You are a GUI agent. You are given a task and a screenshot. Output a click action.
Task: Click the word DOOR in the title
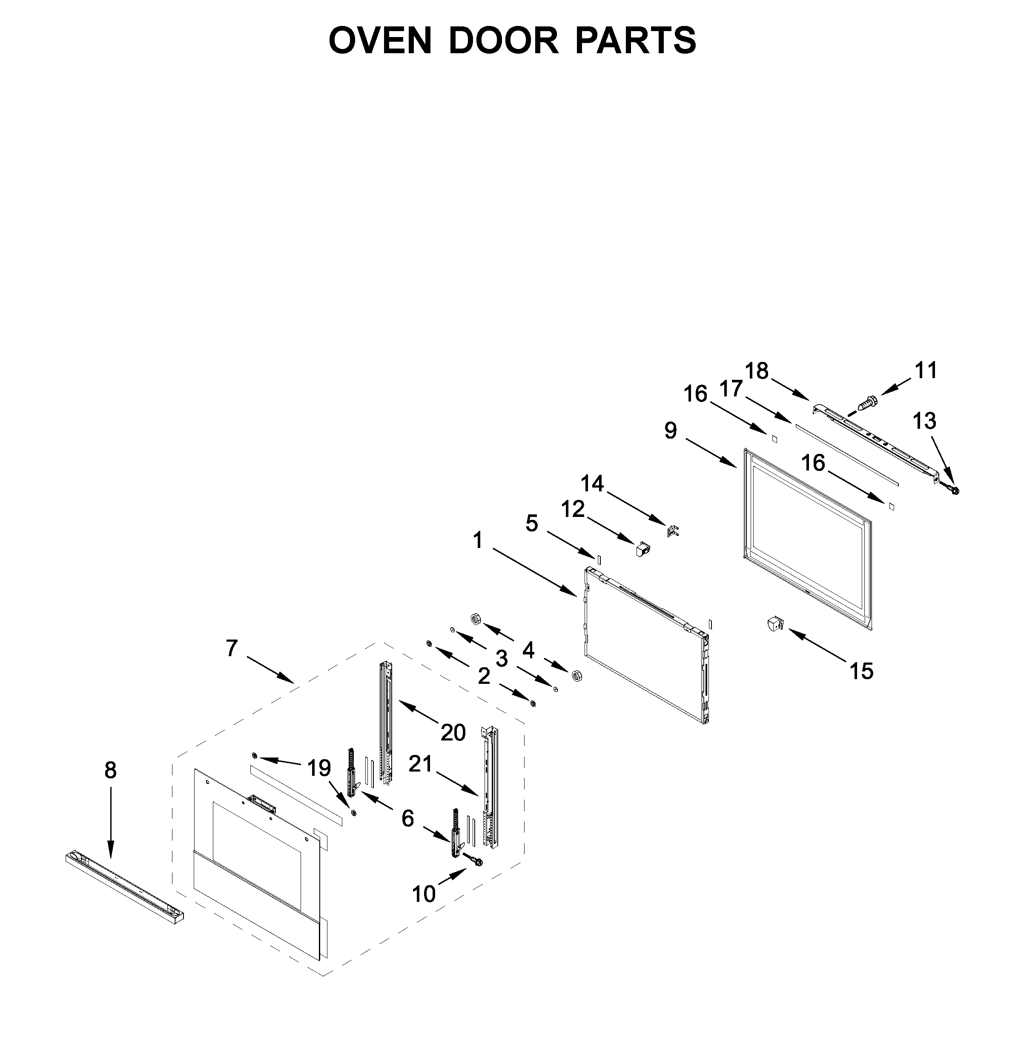(503, 40)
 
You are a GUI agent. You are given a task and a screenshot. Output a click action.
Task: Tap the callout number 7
(232, 648)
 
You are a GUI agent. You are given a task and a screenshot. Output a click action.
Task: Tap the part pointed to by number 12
(643, 550)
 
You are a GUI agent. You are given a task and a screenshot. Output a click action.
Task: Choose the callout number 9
(670, 430)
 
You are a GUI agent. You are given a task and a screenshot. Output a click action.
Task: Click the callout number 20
(453, 733)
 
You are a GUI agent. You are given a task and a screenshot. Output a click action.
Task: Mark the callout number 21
(421, 763)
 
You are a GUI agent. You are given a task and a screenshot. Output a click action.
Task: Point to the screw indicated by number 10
(477, 862)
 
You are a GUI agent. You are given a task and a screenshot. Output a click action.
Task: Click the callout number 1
(478, 540)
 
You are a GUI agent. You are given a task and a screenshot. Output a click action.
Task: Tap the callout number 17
(731, 388)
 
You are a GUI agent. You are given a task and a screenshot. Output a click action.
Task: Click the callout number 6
(408, 819)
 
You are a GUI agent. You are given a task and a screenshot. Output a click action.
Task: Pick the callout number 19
(319, 768)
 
